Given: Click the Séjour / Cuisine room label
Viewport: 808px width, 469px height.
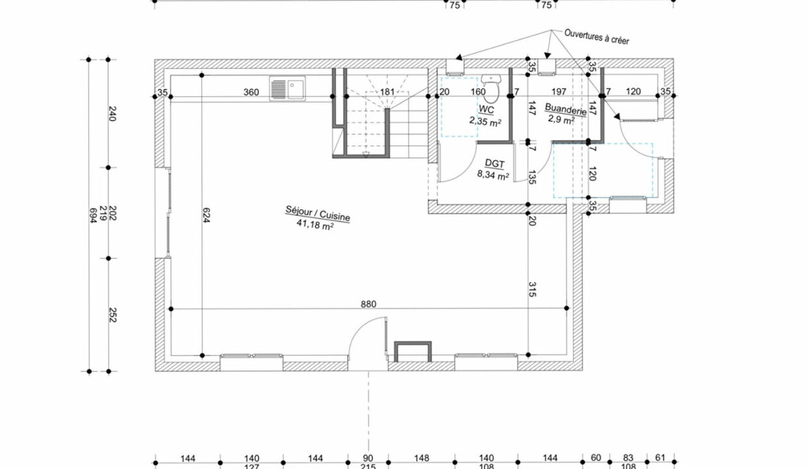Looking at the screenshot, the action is click(317, 214).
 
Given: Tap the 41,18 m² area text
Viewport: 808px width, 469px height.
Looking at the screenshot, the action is click(315, 225).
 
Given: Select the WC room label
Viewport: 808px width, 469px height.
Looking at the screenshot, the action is click(486, 109).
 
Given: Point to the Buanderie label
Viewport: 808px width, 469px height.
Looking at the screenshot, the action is click(566, 109).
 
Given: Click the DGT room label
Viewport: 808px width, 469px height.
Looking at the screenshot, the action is click(495, 163).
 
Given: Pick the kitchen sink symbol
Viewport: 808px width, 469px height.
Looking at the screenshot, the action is click(287, 89).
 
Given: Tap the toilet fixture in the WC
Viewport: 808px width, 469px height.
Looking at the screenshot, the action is click(491, 89).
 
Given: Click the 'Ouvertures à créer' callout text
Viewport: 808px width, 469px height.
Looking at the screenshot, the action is click(597, 36).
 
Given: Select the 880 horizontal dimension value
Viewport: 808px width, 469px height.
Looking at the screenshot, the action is click(368, 304).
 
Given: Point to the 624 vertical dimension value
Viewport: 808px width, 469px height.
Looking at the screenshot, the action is click(206, 215).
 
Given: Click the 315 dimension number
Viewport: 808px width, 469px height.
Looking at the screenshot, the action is click(532, 289).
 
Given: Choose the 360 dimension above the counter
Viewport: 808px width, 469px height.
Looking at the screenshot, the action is click(251, 92).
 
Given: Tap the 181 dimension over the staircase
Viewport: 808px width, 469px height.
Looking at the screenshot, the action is click(388, 92).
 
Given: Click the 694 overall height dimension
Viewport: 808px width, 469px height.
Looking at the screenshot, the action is click(93, 215).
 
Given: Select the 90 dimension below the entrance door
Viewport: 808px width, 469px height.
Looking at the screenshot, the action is click(368, 458).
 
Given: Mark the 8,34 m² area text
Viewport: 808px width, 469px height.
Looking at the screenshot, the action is click(493, 175).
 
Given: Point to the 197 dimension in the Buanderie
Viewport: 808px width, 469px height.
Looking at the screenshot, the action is click(558, 92).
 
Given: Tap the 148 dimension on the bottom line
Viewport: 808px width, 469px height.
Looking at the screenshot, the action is click(422, 458).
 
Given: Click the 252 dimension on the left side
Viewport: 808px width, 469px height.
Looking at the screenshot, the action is click(113, 315).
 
